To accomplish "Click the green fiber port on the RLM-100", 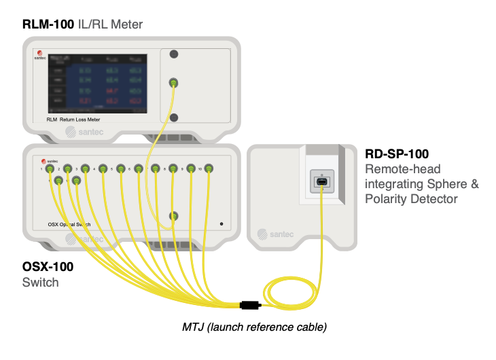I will [174, 84].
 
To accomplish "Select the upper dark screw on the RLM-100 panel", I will [174, 54].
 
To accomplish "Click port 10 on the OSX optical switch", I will [209, 168].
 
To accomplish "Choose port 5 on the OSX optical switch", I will [121, 168].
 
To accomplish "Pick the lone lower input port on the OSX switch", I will [174, 216].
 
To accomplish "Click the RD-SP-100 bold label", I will [397, 154].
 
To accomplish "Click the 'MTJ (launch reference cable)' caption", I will [254, 327].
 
